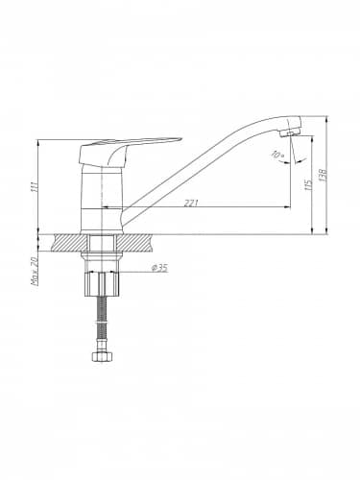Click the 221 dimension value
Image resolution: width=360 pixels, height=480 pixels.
(x=191, y=203)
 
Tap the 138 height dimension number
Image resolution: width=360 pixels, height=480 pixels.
(x=324, y=175)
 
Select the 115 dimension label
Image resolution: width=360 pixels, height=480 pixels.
(x=309, y=185)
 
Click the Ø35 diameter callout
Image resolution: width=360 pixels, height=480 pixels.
(x=159, y=268)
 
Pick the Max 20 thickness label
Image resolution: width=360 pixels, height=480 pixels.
(x=35, y=271)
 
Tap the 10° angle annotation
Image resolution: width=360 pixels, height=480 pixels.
(x=276, y=155)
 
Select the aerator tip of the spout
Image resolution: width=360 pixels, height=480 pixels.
(x=289, y=133)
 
